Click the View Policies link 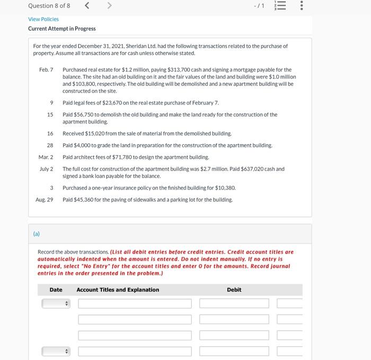pyautogui.click(x=43, y=19)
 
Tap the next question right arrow pyautogui.click(x=110, y=6)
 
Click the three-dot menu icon pyautogui.click(x=302, y=6)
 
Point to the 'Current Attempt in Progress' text pyautogui.click(x=62, y=29)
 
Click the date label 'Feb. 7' pyautogui.click(x=46, y=70)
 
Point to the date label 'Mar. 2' pyautogui.click(x=46, y=157)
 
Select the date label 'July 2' pyautogui.click(x=46, y=169)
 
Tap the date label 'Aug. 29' pyautogui.click(x=45, y=200)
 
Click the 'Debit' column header pyautogui.click(x=234, y=290)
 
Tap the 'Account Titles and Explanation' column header pyautogui.click(x=118, y=290)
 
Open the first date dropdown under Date pyautogui.click(x=56, y=303)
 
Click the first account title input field pyautogui.click(x=135, y=303)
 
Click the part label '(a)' pyautogui.click(x=37, y=233)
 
